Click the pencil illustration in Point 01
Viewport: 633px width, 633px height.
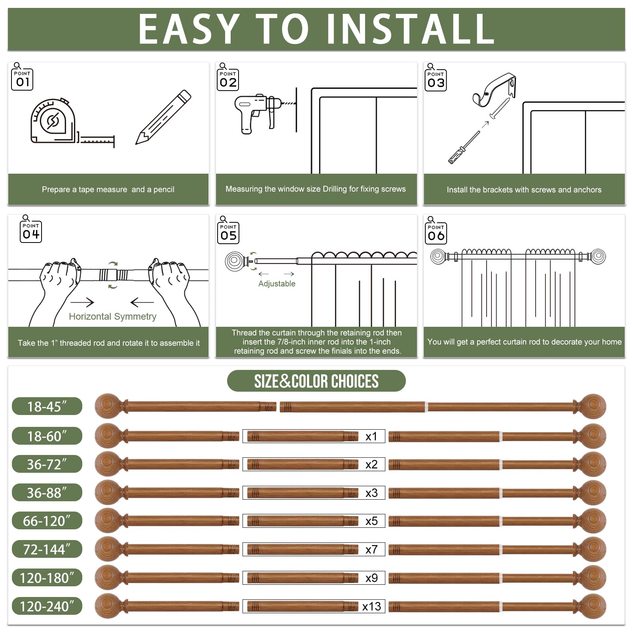pyautogui.click(x=163, y=117)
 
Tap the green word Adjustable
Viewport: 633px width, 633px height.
pyautogui.click(x=277, y=284)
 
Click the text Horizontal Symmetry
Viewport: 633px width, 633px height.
pyautogui.click(x=112, y=316)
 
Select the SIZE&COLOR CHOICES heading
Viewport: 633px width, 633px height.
pyautogui.click(x=316, y=381)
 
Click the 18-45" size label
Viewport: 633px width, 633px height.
pyautogui.click(x=47, y=406)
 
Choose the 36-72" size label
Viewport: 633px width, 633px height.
pyautogui.click(x=47, y=464)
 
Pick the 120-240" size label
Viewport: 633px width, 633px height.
pyautogui.click(x=47, y=606)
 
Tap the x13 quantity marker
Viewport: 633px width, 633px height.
pyautogui.click(x=371, y=606)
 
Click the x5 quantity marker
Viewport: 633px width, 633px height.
pyautogui.click(x=371, y=521)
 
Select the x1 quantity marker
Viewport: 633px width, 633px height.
pyautogui.click(x=371, y=436)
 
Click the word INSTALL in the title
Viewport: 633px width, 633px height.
pyautogui.click(x=410, y=29)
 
